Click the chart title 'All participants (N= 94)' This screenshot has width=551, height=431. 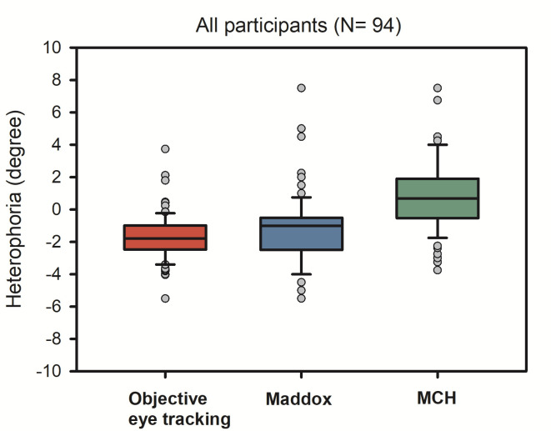pos(298,25)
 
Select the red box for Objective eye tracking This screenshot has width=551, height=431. pos(165,238)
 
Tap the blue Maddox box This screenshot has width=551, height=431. pos(301,233)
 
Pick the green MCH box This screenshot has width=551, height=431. pos(437,198)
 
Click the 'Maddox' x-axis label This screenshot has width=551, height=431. pos(298,399)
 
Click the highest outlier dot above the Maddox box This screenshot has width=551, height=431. pos(301,88)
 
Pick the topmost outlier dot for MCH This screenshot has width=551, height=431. pos(437,88)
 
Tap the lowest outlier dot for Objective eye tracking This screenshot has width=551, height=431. pos(165,298)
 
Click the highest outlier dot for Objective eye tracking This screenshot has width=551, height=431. pos(165,148)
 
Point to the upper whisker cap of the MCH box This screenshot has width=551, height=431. pos(437,145)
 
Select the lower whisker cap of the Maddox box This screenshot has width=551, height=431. pos(301,274)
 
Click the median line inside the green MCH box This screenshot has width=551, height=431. pos(437,198)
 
